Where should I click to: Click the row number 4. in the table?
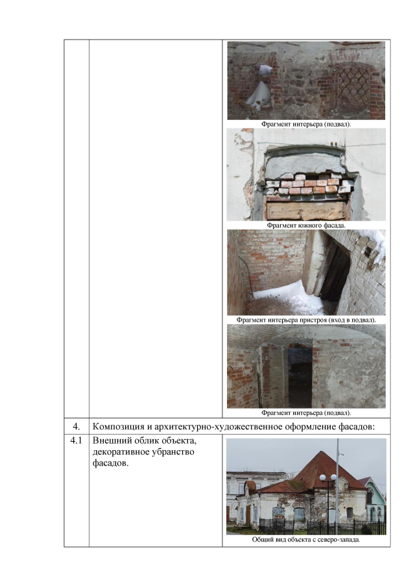[x=76, y=426]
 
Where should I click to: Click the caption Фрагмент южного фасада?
[x=306, y=225]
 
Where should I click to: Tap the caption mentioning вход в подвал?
[x=306, y=320]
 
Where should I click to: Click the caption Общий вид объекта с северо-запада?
[x=306, y=540]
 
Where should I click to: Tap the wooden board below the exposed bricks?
[x=305, y=210]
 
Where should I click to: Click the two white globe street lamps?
[x=328, y=477]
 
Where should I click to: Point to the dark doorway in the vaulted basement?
[x=300, y=376]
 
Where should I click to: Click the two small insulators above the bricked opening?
[x=335, y=143]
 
